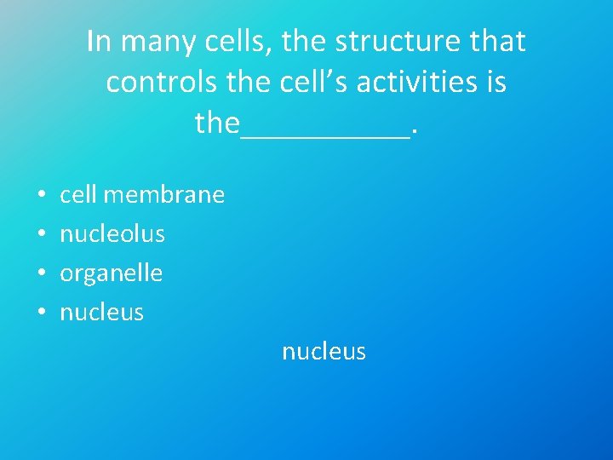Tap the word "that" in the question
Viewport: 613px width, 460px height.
click(495, 41)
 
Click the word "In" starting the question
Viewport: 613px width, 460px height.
click(98, 41)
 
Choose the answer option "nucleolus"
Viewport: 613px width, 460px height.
click(112, 233)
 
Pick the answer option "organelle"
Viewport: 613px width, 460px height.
click(111, 273)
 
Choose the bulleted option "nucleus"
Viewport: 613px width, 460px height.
click(101, 313)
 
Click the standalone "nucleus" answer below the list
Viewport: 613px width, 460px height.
click(324, 351)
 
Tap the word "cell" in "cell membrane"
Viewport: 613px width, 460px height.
click(78, 195)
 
